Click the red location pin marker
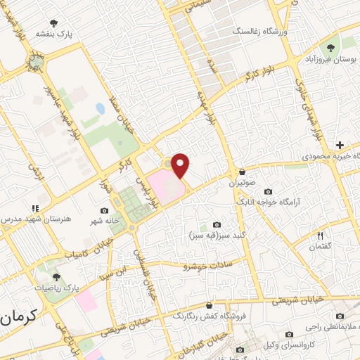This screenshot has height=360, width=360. click(181, 165)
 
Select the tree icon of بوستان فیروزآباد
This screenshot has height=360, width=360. click(330, 48)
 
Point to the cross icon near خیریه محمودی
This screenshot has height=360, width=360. click(340, 144)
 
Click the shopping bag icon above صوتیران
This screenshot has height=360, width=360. click(243, 172)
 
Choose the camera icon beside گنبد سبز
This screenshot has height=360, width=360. click(217, 224)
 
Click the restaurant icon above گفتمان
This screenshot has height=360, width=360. click(321, 236)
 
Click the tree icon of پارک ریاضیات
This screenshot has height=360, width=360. click(56, 278)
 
